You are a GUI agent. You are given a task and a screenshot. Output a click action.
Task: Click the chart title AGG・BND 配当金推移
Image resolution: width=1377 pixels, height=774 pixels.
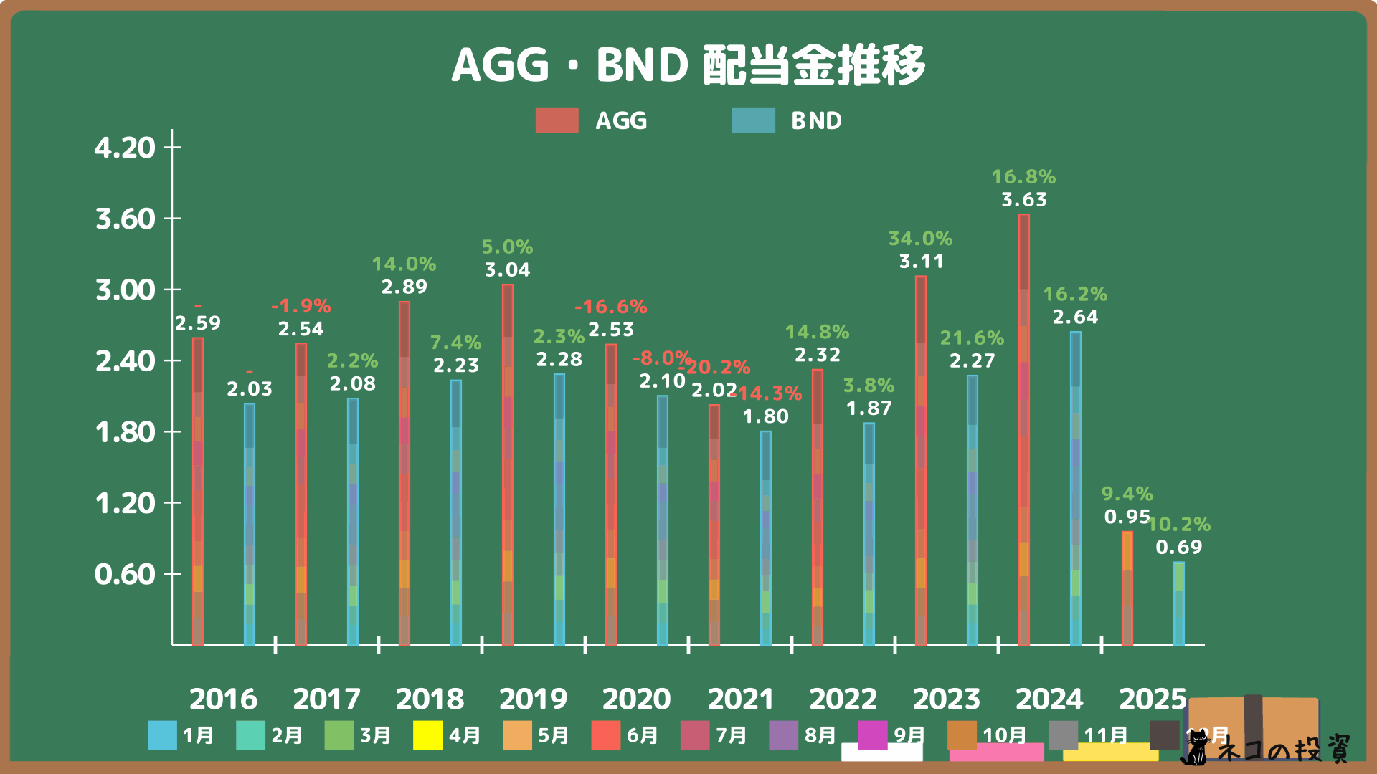pos(688,65)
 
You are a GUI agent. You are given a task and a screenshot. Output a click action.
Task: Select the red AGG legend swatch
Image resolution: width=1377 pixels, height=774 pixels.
pos(557,120)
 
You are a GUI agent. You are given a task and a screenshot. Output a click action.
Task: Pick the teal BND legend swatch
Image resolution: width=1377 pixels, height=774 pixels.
pos(753,120)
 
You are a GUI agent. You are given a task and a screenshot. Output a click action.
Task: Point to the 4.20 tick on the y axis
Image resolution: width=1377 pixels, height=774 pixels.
pos(126,148)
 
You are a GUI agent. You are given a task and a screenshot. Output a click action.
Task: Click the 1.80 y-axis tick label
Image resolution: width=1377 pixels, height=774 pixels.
pos(126,432)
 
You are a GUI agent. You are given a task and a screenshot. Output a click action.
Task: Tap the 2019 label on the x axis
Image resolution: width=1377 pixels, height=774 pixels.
pos(533,699)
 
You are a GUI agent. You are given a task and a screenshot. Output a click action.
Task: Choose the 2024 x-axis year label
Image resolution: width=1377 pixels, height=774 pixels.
pos(1049,699)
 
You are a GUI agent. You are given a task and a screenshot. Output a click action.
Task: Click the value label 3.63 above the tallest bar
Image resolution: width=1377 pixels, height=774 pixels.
pos(1024,199)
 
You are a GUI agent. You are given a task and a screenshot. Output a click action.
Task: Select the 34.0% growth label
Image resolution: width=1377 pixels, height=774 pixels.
pos(920,238)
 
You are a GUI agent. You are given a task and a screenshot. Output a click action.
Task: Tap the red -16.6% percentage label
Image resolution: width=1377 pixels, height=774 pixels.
pos(610,307)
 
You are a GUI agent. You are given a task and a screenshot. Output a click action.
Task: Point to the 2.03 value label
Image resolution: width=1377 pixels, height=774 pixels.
pos(250,388)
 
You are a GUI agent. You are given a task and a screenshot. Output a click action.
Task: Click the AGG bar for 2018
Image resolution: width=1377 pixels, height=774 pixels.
pos(404,473)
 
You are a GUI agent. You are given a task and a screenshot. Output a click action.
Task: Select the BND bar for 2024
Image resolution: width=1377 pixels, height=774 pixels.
pos(1075,487)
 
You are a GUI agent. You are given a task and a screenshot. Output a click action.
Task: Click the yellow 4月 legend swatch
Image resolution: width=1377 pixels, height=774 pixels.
pos(427,735)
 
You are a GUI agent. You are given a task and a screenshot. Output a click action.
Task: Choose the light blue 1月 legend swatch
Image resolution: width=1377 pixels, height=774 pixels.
pos(162,735)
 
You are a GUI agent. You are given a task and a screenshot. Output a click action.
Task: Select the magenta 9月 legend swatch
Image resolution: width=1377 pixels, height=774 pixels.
pos(873,735)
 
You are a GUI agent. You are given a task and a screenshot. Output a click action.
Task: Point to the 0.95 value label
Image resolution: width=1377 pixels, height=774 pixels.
pos(1127,517)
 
